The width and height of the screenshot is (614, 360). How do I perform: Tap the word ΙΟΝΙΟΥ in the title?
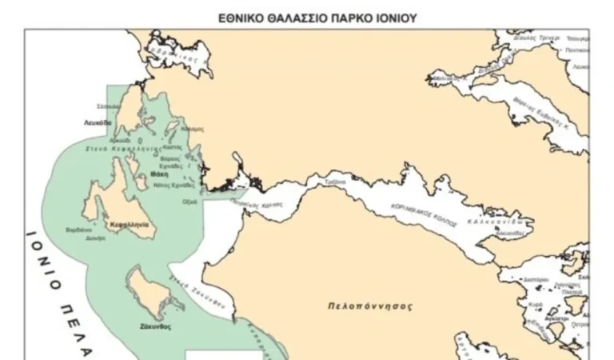point(393,17)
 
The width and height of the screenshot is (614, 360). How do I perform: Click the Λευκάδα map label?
point(98,122)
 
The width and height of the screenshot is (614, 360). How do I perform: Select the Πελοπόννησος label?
point(363,306)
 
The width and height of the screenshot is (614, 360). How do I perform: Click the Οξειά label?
point(189,202)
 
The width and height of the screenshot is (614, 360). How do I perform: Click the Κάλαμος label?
point(193,129)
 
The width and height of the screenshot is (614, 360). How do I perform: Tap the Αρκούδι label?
point(120,139)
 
